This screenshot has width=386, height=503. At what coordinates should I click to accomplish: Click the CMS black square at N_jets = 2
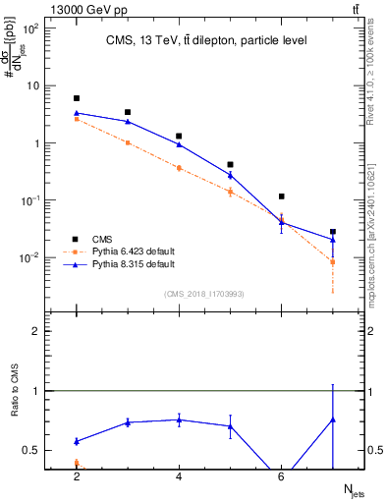(x=77, y=98)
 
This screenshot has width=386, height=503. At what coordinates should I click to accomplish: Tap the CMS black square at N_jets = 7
(x=333, y=232)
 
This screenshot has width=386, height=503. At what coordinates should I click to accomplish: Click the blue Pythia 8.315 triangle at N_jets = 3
(x=128, y=122)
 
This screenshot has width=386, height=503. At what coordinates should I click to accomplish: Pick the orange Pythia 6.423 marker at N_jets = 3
(x=128, y=142)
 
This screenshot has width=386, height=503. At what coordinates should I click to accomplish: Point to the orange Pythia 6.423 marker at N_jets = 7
(x=333, y=261)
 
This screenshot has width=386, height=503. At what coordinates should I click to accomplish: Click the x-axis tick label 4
(x=179, y=477)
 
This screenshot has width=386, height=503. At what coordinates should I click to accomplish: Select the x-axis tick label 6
(x=281, y=477)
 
